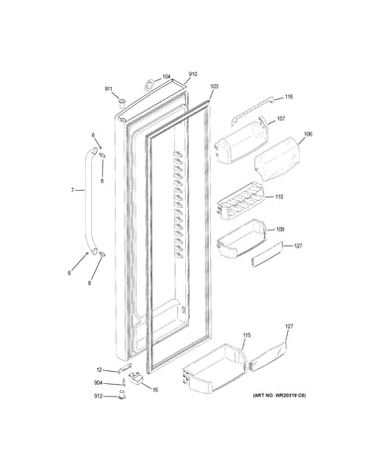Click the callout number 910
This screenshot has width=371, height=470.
pyautogui.click(x=193, y=74)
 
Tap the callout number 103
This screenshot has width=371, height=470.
pyautogui.click(x=214, y=87)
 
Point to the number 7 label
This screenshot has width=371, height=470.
pyautogui.click(x=72, y=190)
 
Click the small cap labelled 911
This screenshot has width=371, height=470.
pyautogui.click(x=122, y=103)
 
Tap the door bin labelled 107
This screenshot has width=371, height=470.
pyautogui.click(x=241, y=141)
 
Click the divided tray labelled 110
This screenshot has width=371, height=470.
pyautogui.click(x=240, y=201)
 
